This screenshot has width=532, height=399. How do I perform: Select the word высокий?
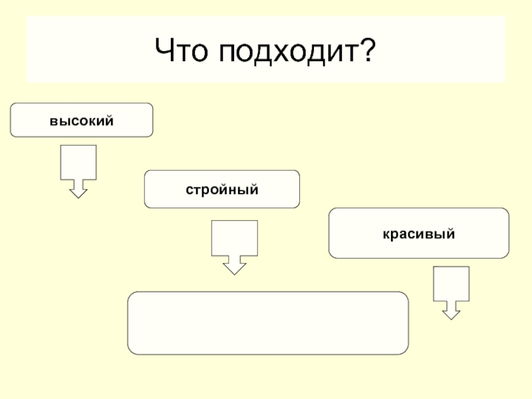click(x=81, y=121)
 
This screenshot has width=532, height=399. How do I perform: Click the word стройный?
click(x=221, y=190)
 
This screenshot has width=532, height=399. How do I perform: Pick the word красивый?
click(x=418, y=234)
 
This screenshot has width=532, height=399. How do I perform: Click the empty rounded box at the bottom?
click(x=268, y=323)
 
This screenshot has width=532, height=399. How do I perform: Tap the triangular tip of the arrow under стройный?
click(x=234, y=269)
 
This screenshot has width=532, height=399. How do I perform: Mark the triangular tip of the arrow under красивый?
click(x=451, y=314)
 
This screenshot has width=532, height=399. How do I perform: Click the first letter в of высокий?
click(x=51, y=121)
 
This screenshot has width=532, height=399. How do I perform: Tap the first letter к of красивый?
click(x=385, y=234)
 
